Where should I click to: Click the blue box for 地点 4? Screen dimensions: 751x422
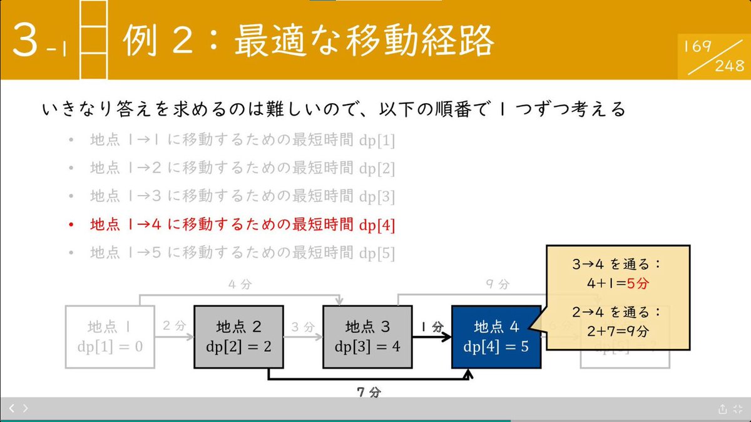coord(496,336)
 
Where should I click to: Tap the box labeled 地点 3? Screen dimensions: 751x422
coord(367,336)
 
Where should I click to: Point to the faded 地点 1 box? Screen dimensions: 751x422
coord(110,336)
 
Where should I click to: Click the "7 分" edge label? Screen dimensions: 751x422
coord(369,392)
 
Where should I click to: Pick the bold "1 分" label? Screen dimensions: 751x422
coord(432,326)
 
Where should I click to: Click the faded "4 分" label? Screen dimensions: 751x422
coord(240,284)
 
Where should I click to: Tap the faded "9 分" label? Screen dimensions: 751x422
coord(498,284)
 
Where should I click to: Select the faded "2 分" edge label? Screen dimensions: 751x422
coord(175,326)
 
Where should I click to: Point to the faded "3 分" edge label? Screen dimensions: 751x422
coord(304,326)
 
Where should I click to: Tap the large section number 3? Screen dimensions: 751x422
coord(28,41)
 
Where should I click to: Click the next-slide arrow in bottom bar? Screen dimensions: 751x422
coord(25,408)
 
